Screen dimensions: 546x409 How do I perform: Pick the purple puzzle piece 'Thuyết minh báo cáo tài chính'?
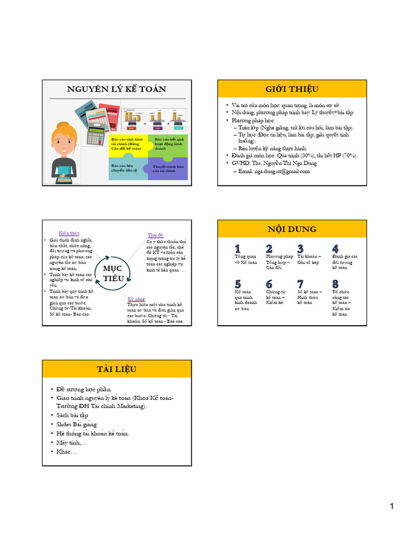tap(168, 169)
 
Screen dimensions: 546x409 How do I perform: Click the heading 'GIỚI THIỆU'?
tap(292, 89)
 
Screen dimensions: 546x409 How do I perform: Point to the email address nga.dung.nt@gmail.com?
tap(274, 171)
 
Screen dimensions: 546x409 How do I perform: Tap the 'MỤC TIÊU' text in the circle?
tap(113, 272)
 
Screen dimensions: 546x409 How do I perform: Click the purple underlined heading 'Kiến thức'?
tap(69, 233)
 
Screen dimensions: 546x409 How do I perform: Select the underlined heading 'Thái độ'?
tap(156, 235)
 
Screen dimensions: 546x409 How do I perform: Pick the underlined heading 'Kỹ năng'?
tap(136, 300)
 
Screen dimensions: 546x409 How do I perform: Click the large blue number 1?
tap(238, 248)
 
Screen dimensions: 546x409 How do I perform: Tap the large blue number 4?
tap(335, 248)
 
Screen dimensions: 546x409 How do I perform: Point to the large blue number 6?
tap(269, 284)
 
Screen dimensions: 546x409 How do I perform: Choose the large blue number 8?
tap(335, 284)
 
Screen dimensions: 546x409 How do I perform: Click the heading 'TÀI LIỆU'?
tap(117, 369)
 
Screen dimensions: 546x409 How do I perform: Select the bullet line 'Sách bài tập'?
tap(72, 415)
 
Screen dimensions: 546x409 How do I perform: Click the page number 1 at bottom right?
tap(391, 506)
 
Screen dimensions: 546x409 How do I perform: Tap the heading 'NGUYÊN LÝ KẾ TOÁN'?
tap(117, 89)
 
